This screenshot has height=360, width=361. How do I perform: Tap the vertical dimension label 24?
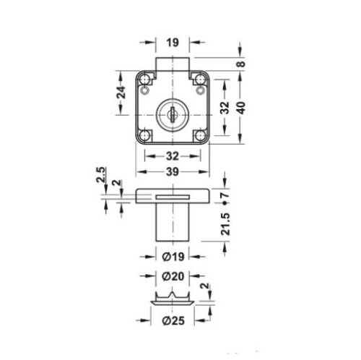tap(122, 93)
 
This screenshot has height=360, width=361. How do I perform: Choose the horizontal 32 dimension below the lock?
tap(172, 155)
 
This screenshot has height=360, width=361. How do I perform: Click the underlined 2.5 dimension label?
tap(100, 177)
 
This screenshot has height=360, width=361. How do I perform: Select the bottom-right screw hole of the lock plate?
tap(198, 134)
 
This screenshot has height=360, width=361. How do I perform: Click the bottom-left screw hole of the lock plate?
tap(146, 134)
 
